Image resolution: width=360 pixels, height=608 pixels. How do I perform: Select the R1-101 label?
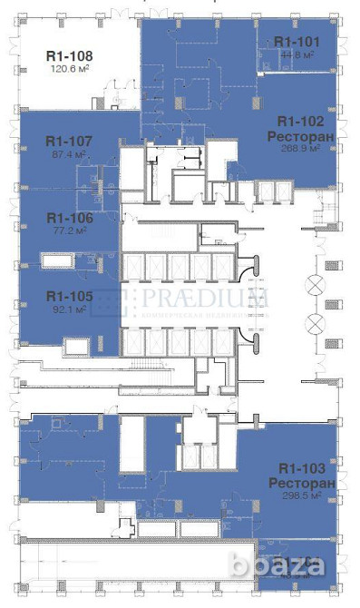297,42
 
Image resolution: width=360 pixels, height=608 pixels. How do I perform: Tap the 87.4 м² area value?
68,154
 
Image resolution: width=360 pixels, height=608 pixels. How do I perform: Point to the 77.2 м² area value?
68,231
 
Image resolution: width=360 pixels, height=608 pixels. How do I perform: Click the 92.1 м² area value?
68,309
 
